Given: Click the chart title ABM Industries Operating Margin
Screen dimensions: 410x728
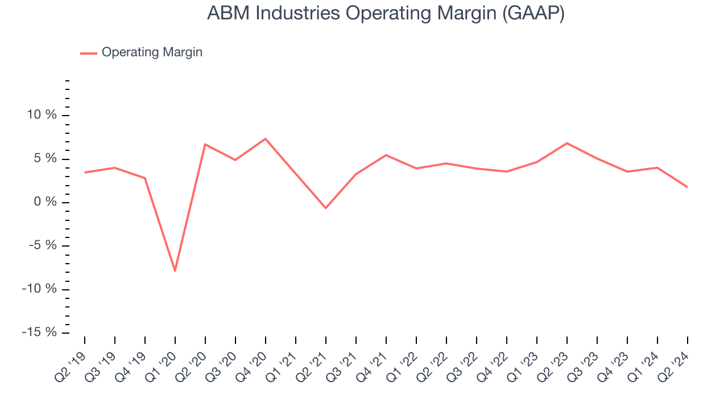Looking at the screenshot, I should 386,13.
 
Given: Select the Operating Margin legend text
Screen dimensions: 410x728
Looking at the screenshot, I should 152,52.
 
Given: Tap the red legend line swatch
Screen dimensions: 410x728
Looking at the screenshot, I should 89,53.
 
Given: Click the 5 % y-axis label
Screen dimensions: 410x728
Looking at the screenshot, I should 45,158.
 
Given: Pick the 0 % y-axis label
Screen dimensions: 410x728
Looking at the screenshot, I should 45,202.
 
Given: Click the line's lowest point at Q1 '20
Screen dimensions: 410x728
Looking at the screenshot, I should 175,270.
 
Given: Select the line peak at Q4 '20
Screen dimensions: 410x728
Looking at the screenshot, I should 266,138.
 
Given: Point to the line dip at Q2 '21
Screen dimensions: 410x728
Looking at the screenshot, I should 326,208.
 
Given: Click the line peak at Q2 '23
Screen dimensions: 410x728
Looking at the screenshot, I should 567,143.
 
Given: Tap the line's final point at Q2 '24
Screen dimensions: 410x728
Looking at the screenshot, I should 687,187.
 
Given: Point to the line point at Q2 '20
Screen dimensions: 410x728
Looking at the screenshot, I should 205,144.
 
